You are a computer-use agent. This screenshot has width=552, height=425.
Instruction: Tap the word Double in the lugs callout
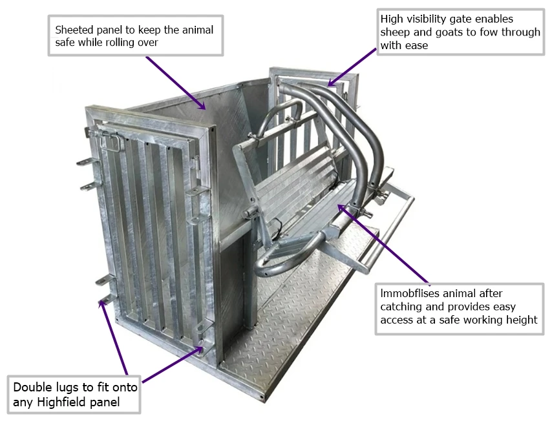[x=31, y=389]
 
